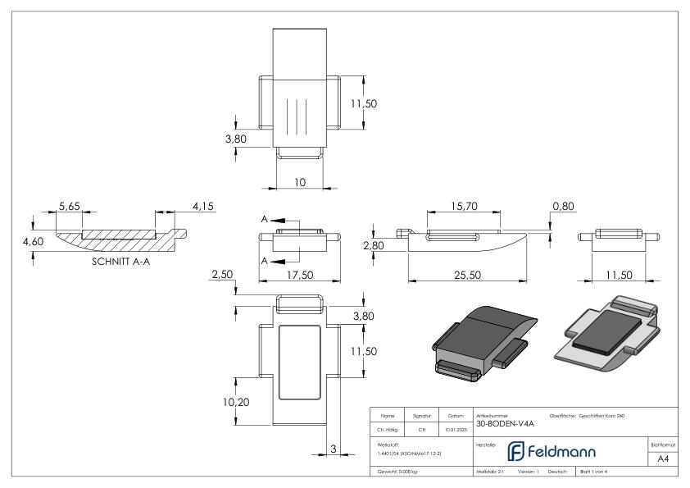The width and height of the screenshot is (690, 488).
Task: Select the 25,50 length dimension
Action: coord(467,275)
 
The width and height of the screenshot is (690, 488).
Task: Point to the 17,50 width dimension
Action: coord(300,275)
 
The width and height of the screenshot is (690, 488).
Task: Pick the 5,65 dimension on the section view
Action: coord(70,207)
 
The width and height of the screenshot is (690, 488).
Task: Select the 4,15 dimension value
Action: coord(202,207)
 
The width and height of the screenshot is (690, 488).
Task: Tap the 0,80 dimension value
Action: coord(563,207)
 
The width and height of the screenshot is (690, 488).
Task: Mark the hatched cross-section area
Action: coord(115,240)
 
